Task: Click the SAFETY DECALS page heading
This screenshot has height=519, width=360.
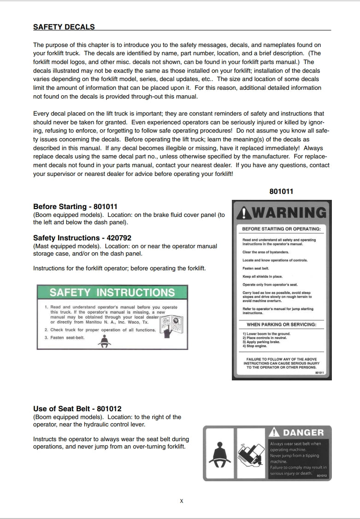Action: (64, 27)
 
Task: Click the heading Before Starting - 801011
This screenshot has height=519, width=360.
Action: (75, 206)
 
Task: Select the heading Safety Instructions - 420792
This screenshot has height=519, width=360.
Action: (82, 238)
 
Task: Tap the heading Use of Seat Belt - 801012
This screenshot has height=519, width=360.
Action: (77, 408)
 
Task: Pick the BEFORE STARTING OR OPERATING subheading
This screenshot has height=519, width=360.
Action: (281, 229)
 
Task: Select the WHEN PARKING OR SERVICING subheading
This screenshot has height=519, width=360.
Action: (281, 325)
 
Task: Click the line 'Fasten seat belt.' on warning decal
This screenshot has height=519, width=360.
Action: (255, 268)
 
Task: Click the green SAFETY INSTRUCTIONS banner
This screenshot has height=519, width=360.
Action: (112, 292)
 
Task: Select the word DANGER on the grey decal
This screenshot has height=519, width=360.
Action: (303, 432)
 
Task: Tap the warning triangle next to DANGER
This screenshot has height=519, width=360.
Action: (275, 432)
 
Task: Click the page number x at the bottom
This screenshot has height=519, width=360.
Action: (182, 501)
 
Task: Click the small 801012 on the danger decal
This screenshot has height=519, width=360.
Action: (322, 476)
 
